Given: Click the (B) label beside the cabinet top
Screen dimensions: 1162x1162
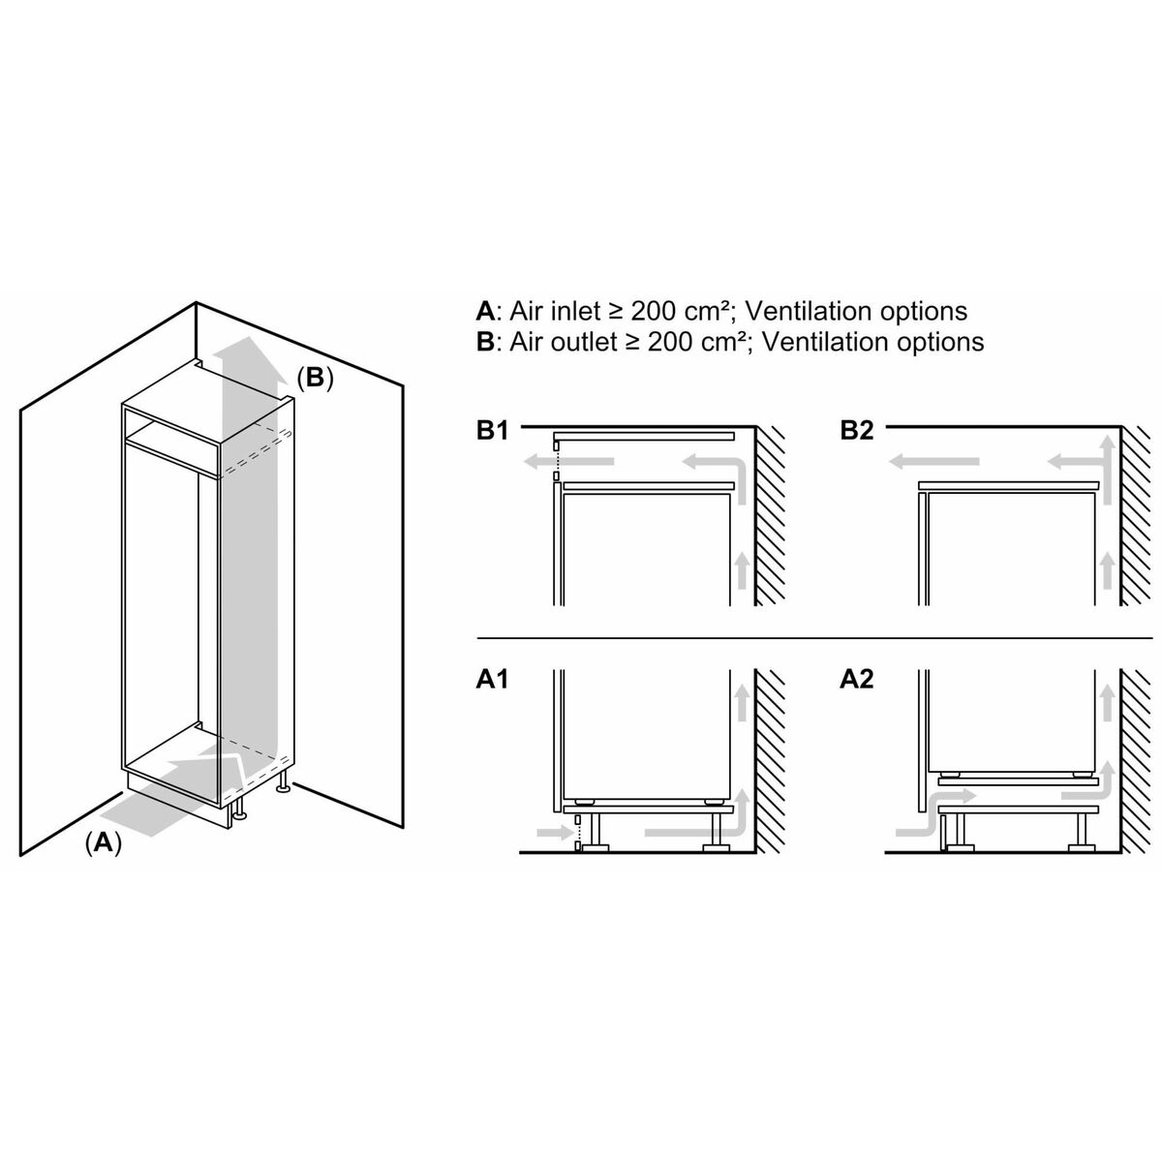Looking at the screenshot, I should tap(314, 379).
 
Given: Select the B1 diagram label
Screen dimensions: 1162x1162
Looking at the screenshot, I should tap(492, 431).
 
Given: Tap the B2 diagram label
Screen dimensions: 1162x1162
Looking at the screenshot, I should tap(857, 431).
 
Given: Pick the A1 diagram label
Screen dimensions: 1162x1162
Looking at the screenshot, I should tap(492, 680).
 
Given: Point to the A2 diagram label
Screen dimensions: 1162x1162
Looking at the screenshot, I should tap(857, 680).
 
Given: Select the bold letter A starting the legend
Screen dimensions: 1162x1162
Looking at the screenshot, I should tap(485, 311).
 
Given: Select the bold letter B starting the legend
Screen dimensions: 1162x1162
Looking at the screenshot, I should tap(485, 342).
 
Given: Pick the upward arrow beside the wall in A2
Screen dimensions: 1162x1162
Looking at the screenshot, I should tap(1105, 701).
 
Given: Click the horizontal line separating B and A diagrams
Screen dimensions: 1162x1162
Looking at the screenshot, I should tap(813, 638).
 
